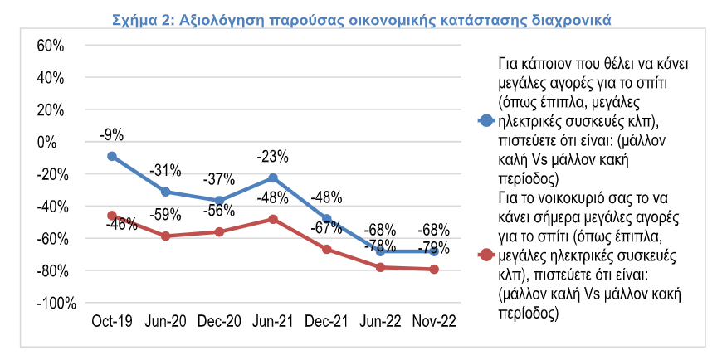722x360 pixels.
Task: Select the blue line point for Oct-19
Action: click(x=111, y=156)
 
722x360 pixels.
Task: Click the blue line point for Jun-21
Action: click(x=273, y=178)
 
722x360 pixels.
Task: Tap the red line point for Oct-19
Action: click(x=111, y=216)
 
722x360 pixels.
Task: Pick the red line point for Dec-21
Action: click(x=327, y=250)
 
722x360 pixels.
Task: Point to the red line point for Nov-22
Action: click(x=434, y=269)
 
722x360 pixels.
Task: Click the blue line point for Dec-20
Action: click(x=219, y=201)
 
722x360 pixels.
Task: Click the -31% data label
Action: click(x=165, y=170)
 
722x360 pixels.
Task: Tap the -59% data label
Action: click(x=165, y=214)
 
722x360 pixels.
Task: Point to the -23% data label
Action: click(x=273, y=156)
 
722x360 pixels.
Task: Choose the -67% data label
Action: click(x=327, y=226)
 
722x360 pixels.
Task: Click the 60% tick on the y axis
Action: click(x=51, y=46)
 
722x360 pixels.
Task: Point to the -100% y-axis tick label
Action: click(x=45, y=303)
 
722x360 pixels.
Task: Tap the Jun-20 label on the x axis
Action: click(x=165, y=319)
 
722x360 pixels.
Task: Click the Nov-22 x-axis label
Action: click(x=434, y=319)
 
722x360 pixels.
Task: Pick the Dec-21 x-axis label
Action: click(x=327, y=319)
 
